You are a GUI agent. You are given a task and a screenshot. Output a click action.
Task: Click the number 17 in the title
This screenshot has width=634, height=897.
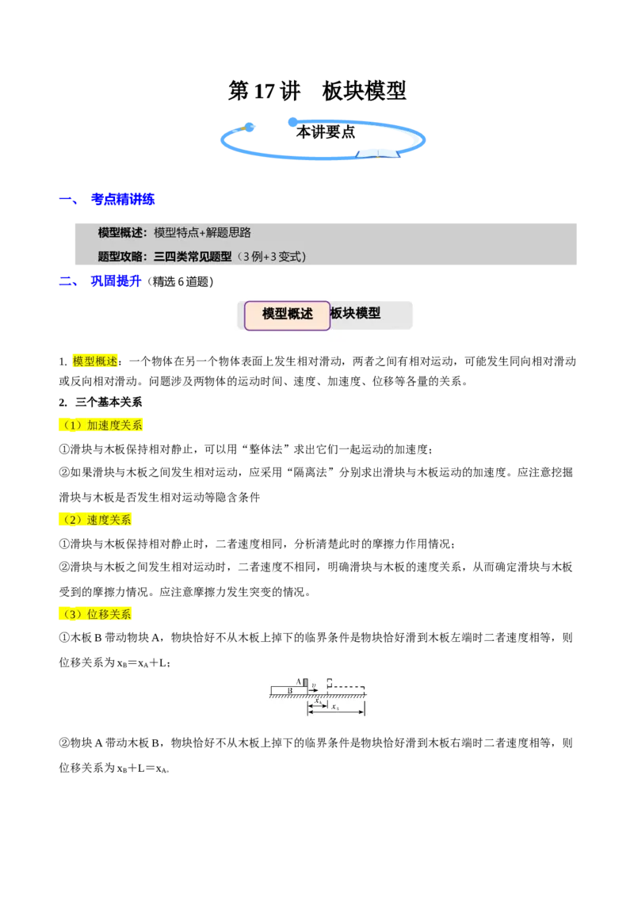pos(265,91)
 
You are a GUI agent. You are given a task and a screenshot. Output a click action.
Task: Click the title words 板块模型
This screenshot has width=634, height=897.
pos(364,91)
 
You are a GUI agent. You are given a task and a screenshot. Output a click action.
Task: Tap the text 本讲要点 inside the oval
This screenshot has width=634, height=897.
pos(326,132)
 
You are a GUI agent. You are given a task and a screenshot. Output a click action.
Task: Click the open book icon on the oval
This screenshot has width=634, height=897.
pos(378,153)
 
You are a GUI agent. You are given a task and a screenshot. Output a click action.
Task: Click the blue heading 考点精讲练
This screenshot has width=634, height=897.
pos(123,199)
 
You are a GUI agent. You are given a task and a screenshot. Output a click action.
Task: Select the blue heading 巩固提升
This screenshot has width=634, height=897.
pos(116,281)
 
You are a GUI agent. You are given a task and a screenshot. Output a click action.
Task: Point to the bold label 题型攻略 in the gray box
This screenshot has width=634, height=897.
pos(119,256)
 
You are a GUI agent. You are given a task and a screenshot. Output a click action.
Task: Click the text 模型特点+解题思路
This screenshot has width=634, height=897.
pos(203,232)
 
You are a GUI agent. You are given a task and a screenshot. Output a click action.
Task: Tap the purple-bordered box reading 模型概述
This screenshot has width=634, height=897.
pos(287,315)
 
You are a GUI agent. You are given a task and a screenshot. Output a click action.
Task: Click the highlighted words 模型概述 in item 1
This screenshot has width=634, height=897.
pos(95,361)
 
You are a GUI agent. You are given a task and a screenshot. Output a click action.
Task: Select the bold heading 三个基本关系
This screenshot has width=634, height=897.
pos(109,403)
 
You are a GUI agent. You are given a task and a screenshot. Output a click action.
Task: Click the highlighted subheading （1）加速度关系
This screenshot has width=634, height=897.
pos(101,425)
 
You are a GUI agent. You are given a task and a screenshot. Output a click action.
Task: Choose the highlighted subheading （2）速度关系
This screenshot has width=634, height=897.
pos(95,520)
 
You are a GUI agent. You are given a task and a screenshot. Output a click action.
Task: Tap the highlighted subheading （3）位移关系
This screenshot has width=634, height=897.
pos(95,614)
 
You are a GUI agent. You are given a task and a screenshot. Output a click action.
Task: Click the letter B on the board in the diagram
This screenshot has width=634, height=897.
pos(289,690)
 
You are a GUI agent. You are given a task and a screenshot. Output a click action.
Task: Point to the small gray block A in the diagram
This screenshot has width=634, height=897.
pos(305,682)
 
